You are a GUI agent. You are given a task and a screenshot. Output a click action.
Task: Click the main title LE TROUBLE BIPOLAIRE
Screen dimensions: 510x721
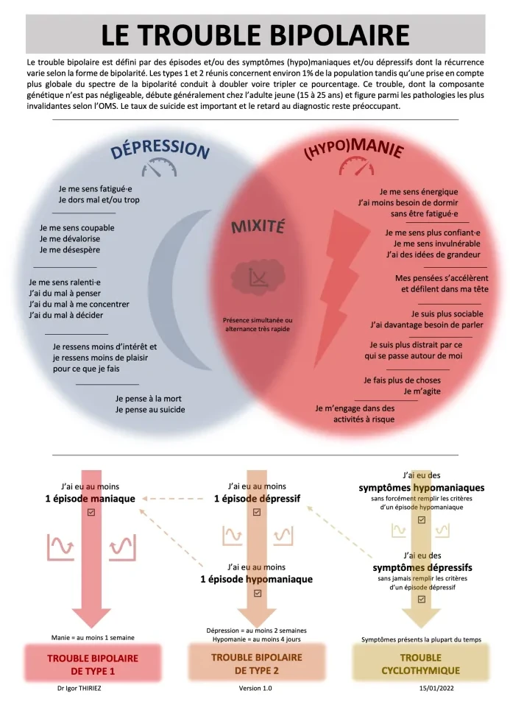click(x=255, y=35)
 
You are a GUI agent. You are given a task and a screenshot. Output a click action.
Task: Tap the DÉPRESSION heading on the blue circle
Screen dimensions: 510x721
click(x=160, y=149)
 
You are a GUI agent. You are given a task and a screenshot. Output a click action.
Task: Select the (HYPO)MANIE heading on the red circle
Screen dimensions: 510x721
click(x=354, y=149)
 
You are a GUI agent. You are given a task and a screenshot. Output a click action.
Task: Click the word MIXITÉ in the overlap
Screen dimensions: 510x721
click(x=258, y=227)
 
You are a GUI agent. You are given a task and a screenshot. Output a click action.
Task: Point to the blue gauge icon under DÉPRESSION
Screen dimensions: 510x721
click(x=159, y=168)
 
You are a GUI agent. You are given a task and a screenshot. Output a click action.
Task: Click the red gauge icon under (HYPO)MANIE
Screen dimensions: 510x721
click(x=356, y=166)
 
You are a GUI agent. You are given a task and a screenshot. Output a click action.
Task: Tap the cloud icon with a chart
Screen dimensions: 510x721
click(x=258, y=277)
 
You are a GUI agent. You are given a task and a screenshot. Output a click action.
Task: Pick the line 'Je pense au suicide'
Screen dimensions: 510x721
click(x=150, y=410)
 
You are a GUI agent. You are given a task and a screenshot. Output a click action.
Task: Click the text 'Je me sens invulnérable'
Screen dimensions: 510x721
click(x=436, y=244)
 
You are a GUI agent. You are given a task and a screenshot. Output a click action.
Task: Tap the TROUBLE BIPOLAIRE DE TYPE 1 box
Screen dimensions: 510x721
click(x=93, y=664)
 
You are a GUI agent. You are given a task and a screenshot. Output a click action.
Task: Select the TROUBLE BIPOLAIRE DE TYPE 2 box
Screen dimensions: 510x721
click(x=257, y=664)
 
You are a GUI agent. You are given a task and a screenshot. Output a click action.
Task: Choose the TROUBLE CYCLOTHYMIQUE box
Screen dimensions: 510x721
click(x=421, y=664)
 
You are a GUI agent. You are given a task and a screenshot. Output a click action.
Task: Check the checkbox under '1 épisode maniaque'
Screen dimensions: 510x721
click(x=91, y=512)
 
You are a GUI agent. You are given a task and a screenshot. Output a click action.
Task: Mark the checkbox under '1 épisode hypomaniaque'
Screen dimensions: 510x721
click(x=258, y=593)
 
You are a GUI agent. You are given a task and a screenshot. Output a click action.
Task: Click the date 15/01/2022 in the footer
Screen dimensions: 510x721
click(x=436, y=689)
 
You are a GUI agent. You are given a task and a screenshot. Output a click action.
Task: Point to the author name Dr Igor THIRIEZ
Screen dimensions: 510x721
click(x=79, y=689)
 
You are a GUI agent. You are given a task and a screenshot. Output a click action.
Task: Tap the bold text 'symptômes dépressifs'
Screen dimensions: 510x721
click(x=422, y=568)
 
